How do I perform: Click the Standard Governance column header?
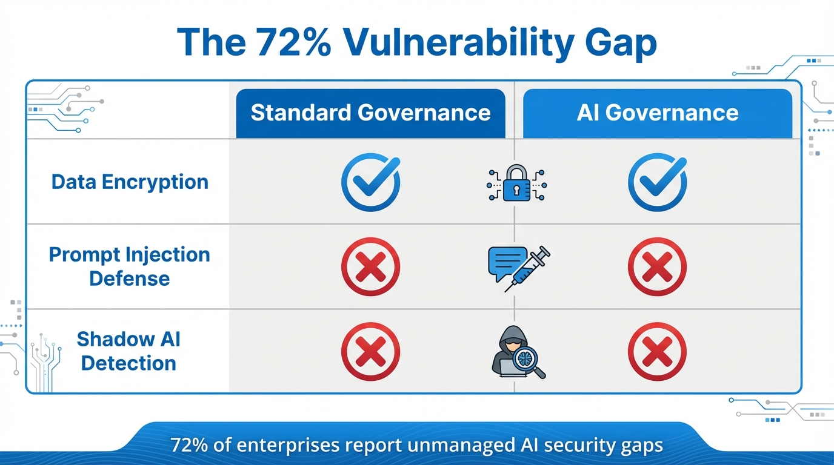coord(370,113)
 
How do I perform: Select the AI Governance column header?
coord(658,113)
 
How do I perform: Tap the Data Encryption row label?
coord(130,182)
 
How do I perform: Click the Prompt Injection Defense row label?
coord(130,266)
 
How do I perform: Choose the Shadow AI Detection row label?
coord(128,351)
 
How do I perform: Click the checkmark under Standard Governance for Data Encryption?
coord(370,182)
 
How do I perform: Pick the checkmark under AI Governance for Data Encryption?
coord(657,182)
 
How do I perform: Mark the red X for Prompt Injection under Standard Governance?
coord(370,266)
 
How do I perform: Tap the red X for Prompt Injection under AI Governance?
coord(657,266)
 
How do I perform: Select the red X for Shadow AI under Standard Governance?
coord(370,352)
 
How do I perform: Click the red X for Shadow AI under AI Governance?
coord(657,352)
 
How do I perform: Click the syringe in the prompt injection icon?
coord(529,268)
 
